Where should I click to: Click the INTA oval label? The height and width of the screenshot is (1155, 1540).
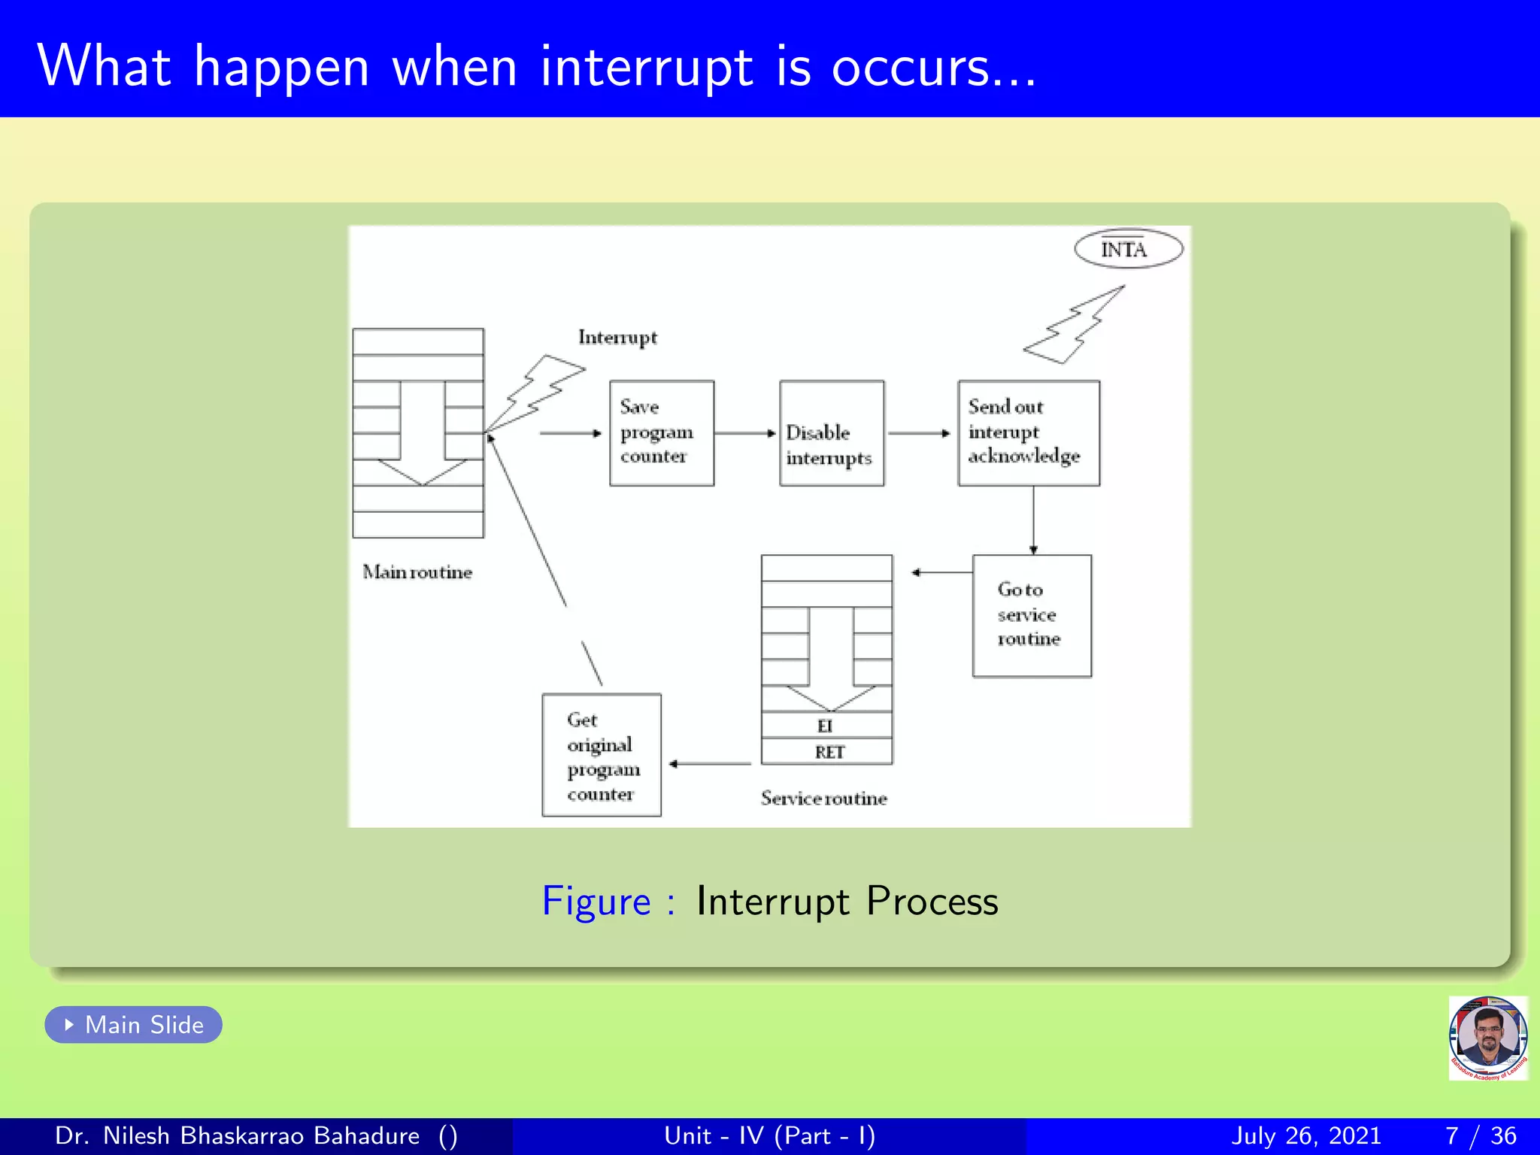pos(1128,249)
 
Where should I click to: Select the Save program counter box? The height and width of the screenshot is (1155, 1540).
pos(661,432)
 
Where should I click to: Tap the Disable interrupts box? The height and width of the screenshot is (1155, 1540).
pos(831,433)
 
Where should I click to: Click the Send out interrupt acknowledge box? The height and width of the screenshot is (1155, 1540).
pos(1028,432)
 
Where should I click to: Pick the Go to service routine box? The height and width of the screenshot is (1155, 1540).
pos(1031,615)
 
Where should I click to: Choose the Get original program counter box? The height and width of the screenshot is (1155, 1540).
pos(601,754)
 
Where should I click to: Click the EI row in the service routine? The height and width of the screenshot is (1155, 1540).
pos(826,726)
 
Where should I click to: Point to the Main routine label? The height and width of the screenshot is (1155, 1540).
pos(417,572)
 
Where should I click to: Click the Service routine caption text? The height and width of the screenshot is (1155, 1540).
pos(823,798)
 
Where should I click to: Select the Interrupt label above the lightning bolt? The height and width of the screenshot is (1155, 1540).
pos(617,337)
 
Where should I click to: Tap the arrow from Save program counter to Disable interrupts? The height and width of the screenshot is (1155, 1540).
pos(744,433)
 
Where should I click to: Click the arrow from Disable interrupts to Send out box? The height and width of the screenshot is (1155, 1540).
pos(919,433)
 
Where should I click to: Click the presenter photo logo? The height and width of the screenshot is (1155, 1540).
pos(1487,1038)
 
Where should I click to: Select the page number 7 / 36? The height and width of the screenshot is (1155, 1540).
pos(1480,1135)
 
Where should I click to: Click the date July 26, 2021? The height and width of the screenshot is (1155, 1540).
pos(1306,1135)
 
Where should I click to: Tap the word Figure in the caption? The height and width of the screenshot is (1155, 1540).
pos(596,901)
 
